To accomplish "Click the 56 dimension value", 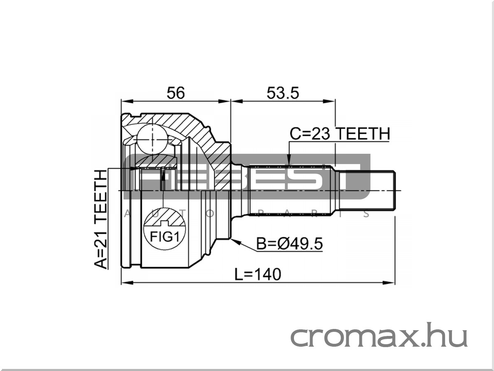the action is [x=176, y=93].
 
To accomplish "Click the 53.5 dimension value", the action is [x=283, y=93].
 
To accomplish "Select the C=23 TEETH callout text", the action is [x=340, y=134].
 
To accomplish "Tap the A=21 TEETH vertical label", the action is [x=100, y=219].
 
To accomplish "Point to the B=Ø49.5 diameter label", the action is [x=290, y=244].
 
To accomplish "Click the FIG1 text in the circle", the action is [x=165, y=237].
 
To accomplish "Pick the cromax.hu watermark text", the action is [x=379, y=336].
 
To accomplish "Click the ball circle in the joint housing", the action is [x=152, y=140].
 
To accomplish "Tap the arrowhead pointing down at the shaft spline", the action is [x=289, y=160].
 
